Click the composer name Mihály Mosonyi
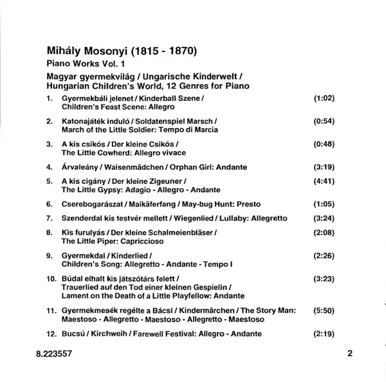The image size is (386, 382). [x=90, y=49]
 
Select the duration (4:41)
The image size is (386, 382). [x=324, y=182]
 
